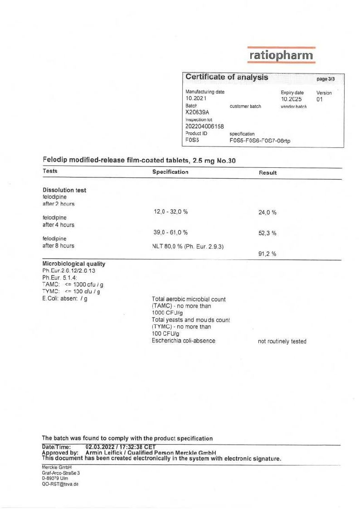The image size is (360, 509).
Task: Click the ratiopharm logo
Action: tap(281, 55)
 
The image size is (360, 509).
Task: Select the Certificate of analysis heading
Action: tap(227, 78)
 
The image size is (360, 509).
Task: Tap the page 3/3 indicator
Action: tap(326, 79)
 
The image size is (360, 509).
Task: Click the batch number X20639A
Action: tap(197, 113)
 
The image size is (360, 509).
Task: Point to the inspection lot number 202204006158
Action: tap(204, 127)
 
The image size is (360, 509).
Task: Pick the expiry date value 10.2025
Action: tap(291, 99)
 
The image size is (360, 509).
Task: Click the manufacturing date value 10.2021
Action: tap(196, 98)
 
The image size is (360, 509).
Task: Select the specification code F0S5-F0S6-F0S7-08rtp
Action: tap(260, 141)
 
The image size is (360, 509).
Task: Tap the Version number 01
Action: tap(320, 99)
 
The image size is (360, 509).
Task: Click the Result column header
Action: tap(268, 173)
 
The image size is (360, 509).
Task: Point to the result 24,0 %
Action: tap(268, 212)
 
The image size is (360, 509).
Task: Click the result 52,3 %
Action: tap(268, 233)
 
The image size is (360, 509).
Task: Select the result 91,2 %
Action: tap(268, 254)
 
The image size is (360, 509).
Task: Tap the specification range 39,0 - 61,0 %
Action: tap(170, 232)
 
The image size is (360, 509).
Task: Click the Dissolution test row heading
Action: tap(64, 190)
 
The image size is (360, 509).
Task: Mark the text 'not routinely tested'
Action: tap(282, 341)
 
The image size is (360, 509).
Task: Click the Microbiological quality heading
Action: tap(73, 264)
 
